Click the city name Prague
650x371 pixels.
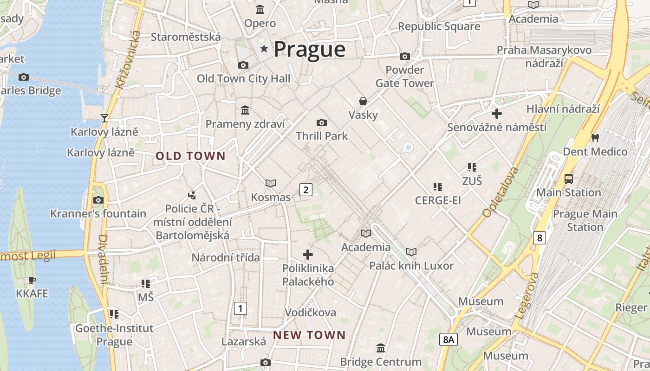pos(310,49)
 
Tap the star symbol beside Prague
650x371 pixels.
pos(264,48)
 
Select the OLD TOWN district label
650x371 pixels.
pos(190,156)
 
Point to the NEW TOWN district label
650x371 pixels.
pos(309,335)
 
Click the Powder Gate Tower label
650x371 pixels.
pos(405,77)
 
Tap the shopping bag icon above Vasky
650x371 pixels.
pos(363,101)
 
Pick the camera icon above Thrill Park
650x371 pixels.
pos(321,122)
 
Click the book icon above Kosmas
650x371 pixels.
pos(270,184)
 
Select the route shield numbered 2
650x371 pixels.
pos(305,189)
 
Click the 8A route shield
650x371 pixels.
pos(448,339)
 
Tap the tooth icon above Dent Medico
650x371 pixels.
pos(595,138)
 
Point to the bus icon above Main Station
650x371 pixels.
pos(568,179)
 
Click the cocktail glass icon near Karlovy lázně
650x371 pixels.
pos(104,118)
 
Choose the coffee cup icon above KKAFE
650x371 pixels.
pos(32,280)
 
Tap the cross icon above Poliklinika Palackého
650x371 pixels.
pos(307,254)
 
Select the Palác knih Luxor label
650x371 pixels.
pos(411,266)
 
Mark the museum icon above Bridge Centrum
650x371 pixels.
pos(381,348)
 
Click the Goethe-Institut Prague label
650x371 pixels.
pos(114,335)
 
